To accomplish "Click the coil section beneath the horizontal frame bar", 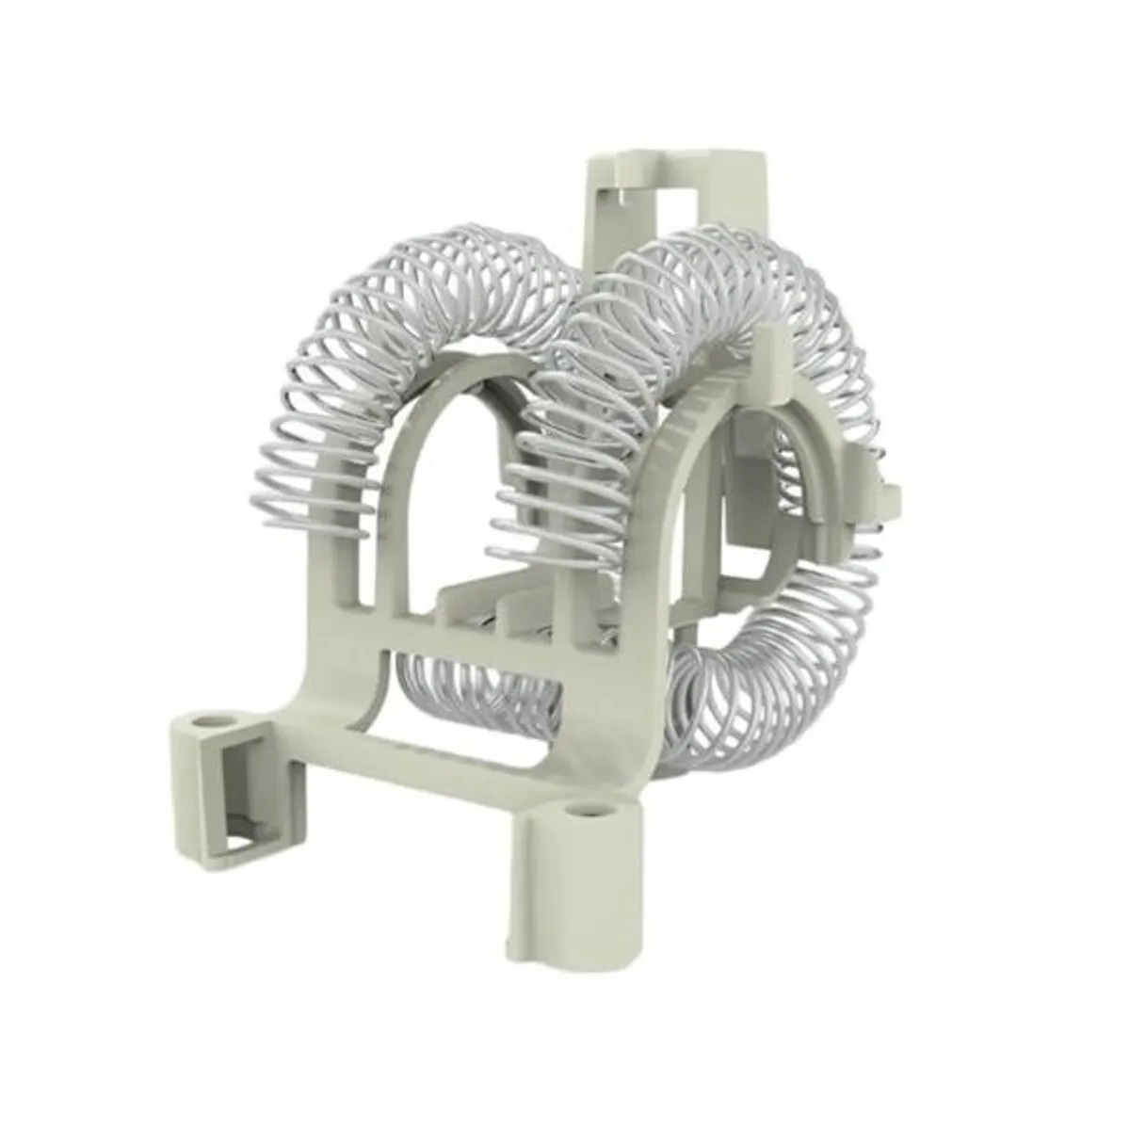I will click(471, 683).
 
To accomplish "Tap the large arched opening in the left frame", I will click(443, 490).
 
